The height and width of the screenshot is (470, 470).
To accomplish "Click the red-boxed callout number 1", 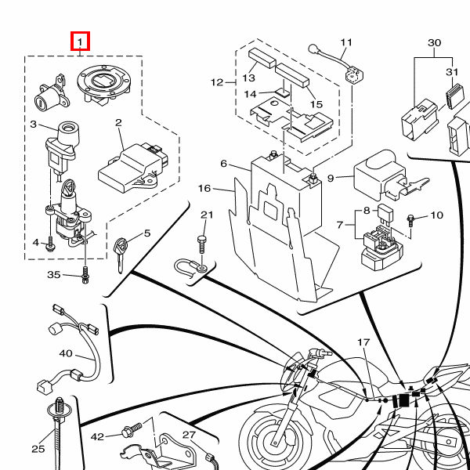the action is coord(80,42).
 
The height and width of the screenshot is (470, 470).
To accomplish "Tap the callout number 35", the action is coord(54,275).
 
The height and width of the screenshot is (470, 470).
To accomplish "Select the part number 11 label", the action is coord(346,42).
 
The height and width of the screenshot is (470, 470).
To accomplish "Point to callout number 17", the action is coord(363,342).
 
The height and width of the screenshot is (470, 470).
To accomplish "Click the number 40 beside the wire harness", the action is coord(66,354).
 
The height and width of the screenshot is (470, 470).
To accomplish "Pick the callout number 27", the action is coord(189,435).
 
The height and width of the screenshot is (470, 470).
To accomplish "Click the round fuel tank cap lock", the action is coord(104,84).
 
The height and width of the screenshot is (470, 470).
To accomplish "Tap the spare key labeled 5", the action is coord(121,255).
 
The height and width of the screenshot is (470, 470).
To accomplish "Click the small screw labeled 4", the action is coord(50,244).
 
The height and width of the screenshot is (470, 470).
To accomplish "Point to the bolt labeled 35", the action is coord(85,275).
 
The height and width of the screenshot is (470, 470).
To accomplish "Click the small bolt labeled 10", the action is coord(410,220).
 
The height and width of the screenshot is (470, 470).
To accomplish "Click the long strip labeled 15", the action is coord(292,75).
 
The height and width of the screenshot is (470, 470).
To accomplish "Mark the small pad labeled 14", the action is coord(284,92).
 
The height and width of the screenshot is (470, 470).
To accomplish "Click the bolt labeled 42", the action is coord(132,429).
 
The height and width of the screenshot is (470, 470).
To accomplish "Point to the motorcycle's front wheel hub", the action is coord(275,440).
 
